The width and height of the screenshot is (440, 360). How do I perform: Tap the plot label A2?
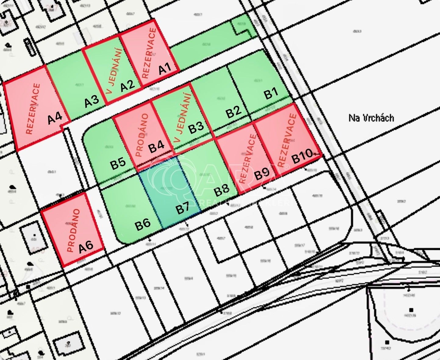click(x=127, y=85)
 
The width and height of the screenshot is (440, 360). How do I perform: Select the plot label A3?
click(x=92, y=101)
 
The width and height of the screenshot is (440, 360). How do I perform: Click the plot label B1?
click(x=271, y=93)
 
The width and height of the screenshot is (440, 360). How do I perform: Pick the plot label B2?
click(x=234, y=112)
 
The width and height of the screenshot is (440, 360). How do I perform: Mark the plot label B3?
click(x=196, y=127)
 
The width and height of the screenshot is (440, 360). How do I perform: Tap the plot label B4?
click(x=156, y=147)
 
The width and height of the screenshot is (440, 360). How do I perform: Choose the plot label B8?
click(x=222, y=191)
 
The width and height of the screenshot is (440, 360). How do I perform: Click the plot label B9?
click(x=262, y=174)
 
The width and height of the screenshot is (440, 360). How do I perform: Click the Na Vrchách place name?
click(x=371, y=118)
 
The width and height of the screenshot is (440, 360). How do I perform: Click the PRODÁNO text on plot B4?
click(x=142, y=135)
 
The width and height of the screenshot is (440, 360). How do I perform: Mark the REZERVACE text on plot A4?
click(x=33, y=109)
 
